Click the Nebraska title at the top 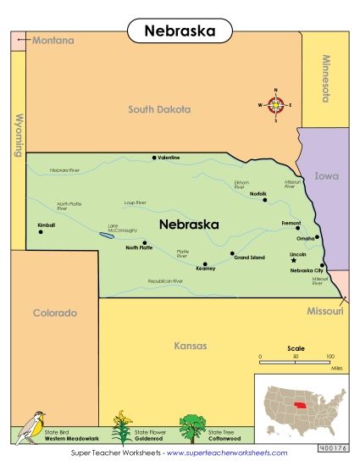(x=179, y=31)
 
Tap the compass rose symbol (x=276, y=105)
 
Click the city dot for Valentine (x=154, y=158)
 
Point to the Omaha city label (x=304, y=238)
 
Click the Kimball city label (x=46, y=225)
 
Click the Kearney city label (x=206, y=269)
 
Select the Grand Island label (x=250, y=258)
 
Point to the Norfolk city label (x=258, y=194)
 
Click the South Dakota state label (x=159, y=109)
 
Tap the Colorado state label (x=55, y=313)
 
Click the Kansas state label (x=190, y=345)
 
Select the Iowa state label (x=326, y=177)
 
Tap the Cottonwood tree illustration (x=192, y=426)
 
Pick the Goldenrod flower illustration (x=123, y=427)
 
